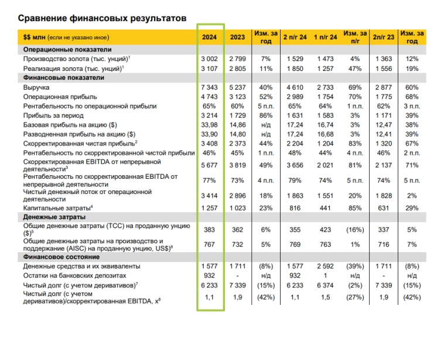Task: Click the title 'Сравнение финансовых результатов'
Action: pos(102,18)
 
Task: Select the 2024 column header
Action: pos(210,37)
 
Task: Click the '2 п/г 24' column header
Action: pos(295,37)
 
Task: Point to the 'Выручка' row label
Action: pos(36,87)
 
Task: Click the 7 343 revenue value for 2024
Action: pos(210,87)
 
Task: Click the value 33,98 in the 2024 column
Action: pos(210,124)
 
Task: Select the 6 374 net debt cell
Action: pos(325,284)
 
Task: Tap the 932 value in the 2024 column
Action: pos(210,275)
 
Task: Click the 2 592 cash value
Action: pos(325,266)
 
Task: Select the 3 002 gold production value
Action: pos(210,59)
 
